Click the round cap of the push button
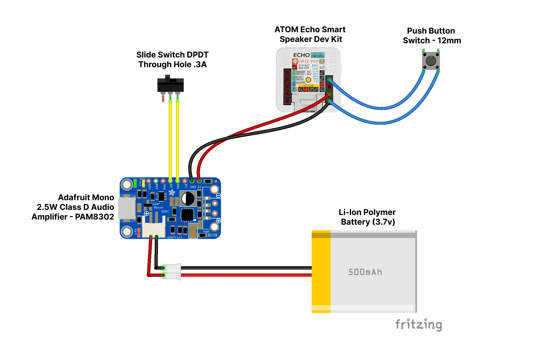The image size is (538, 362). point(431,61)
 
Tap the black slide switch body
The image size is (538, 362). point(170,85)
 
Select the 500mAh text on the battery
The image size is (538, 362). point(365,272)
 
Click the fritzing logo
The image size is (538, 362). point(419,324)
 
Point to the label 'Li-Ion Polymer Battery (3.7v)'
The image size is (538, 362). point(367,217)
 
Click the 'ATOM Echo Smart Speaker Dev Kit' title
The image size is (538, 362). point(310,34)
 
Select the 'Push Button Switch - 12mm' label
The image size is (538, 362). point(432,35)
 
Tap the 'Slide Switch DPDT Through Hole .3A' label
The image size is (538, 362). point(172,59)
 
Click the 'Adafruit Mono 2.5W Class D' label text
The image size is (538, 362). point(73,207)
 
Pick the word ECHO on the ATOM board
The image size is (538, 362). point(301,55)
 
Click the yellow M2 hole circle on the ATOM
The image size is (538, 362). point(308,80)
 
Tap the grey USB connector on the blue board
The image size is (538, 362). point(127,208)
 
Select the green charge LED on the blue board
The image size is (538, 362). point(135,183)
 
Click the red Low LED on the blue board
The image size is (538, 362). point(139,232)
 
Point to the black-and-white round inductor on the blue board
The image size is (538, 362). point(188,199)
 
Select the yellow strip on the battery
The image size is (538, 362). point(321,271)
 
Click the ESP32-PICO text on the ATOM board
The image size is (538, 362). point(308,61)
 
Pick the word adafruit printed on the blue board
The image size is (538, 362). point(175,237)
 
